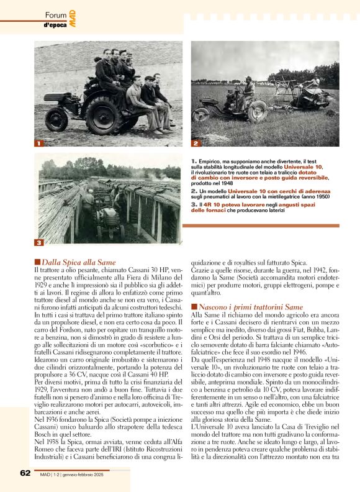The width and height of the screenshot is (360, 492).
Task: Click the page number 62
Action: coord(25,473)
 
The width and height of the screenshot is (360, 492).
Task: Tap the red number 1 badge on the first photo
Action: coord(38,143)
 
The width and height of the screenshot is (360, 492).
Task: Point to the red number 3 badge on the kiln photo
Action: coord(38,242)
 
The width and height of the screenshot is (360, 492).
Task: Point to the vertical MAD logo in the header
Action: coord(73,19)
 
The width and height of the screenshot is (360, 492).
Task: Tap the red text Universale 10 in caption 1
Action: coord(304,168)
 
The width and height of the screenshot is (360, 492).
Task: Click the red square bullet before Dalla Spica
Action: coord(37,263)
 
